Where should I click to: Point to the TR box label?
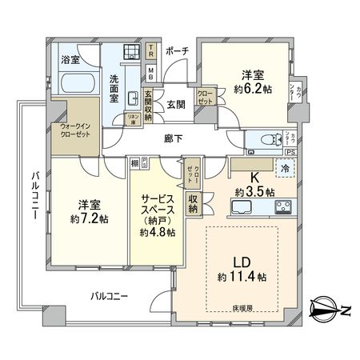pyautogui.click(x=152, y=50)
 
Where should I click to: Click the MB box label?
pyautogui.click(x=152, y=71)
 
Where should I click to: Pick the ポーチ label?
pyautogui.click(x=177, y=50)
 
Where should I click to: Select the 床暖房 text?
pyautogui.click(x=242, y=306)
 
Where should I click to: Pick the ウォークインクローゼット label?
pyautogui.click(x=75, y=130)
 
